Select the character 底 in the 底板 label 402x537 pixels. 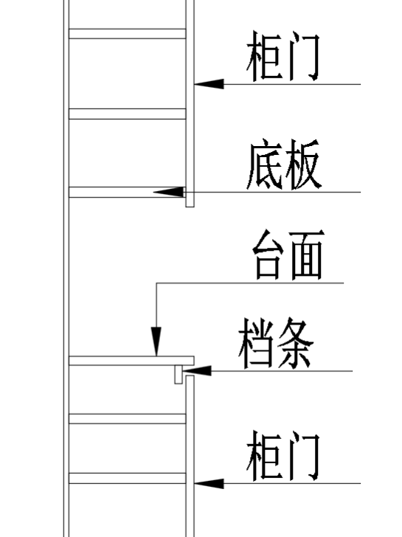click(x=263, y=167)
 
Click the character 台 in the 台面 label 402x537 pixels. click(x=268, y=254)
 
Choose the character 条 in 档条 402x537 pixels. click(x=295, y=343)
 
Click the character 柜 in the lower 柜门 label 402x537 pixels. click(x=263, y=457)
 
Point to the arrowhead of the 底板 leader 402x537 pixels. click(x=168, y=192)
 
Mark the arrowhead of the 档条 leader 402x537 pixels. click(x=200, y=370)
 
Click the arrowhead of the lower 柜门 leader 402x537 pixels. click(x=208, y=484)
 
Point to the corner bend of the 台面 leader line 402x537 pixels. click(x=156, y=283)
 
